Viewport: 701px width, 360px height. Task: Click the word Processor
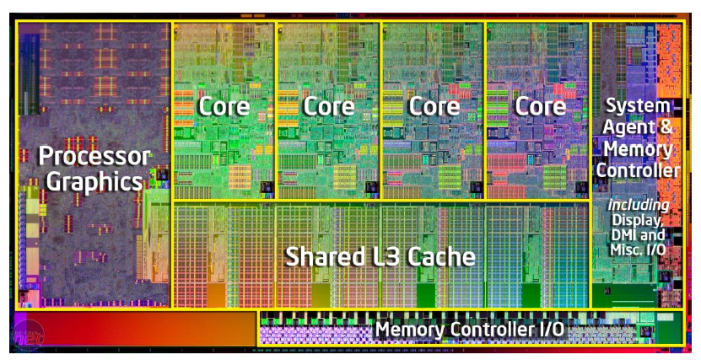tap(94, 156)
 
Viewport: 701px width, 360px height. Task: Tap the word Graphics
tap(94, 181)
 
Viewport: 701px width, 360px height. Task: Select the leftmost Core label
tap(224, 106)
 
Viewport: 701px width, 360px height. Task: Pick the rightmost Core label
tap(540, 106)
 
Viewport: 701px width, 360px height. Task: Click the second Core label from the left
tap(329, 106)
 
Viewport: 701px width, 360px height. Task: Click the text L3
tap(387, 256)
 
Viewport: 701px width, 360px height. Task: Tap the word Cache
tap(444, 256)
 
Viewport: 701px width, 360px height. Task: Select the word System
tap(639, 107)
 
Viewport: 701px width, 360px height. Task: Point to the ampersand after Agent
tap(665, 129)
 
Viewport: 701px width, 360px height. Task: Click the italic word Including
tap(639, 205)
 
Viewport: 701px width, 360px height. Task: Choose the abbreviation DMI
tap(623, 235)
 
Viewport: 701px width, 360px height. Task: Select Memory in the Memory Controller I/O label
tap(410, 328)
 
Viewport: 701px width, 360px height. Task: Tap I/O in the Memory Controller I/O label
tap(548, 328)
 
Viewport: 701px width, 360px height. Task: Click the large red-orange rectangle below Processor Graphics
tap(135, 328)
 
